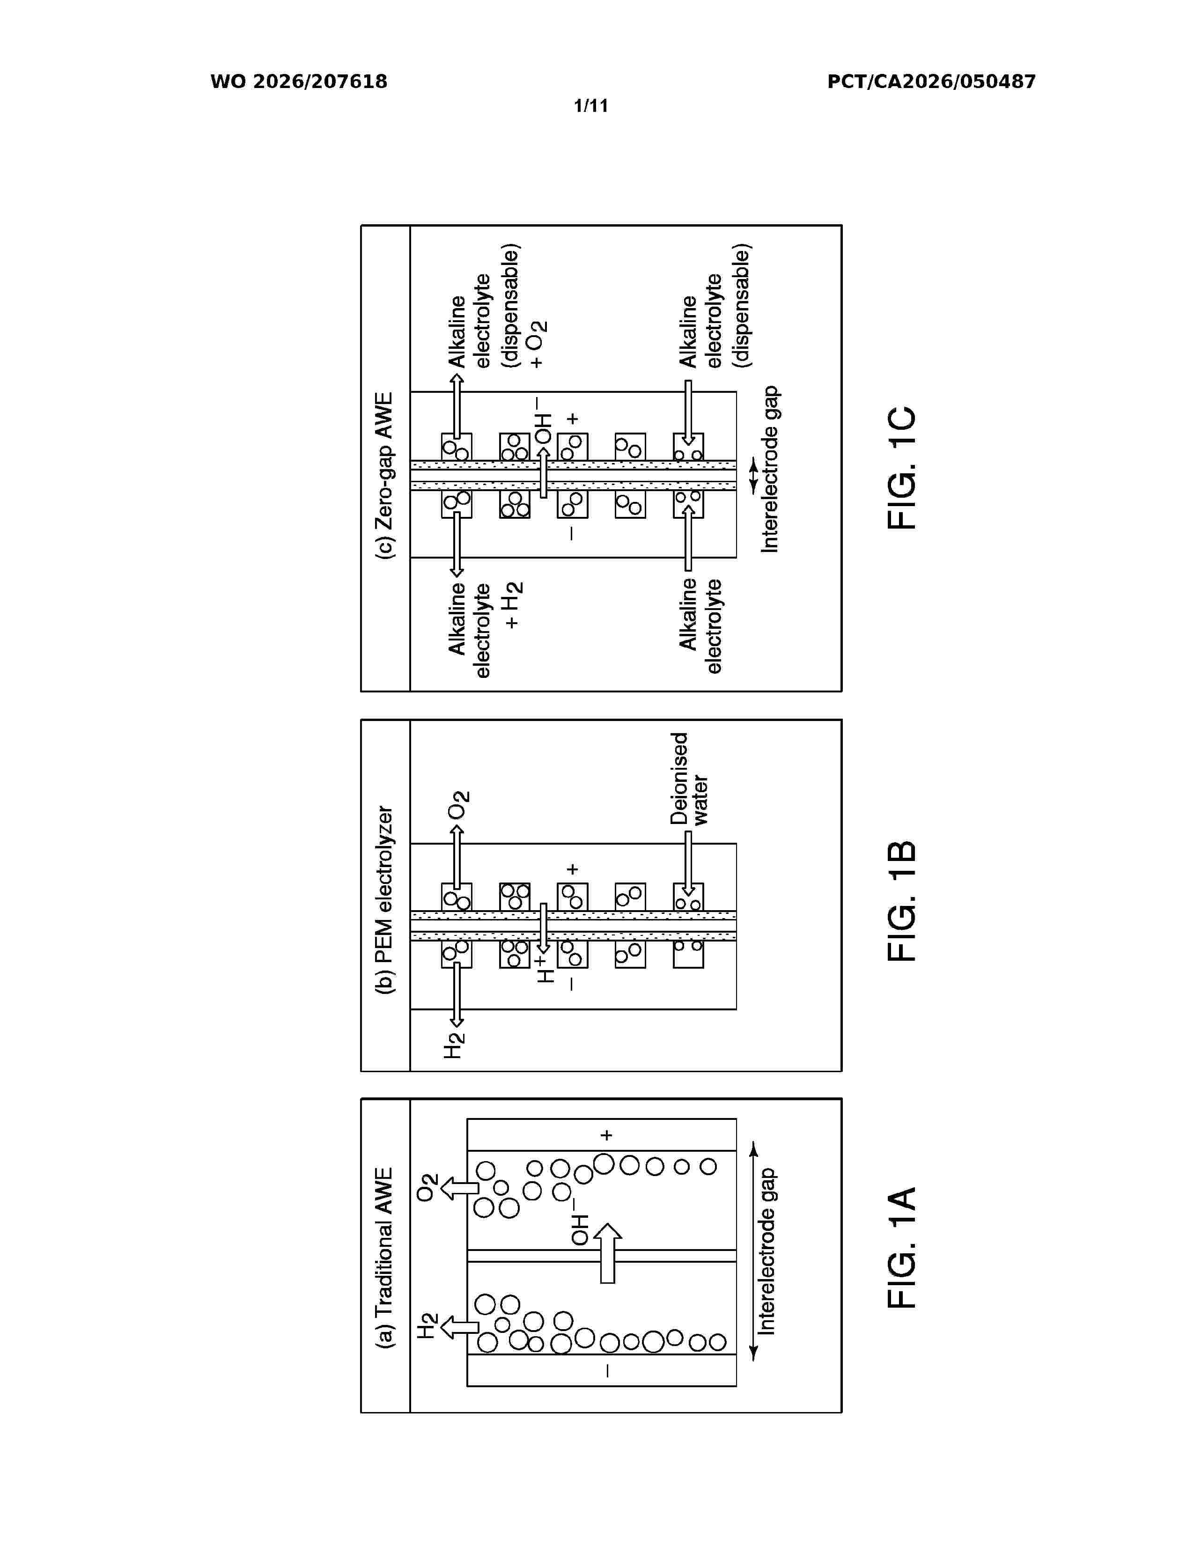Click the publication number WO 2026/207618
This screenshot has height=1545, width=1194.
coord(299,82)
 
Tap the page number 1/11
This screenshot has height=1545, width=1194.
coord(590,106)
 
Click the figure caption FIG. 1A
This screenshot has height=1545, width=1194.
coord(902,1247)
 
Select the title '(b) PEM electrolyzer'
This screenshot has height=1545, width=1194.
coord(385,900)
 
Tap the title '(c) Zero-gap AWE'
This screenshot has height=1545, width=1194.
coord(385,475)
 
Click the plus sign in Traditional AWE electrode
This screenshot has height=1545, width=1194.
coord(606,1135)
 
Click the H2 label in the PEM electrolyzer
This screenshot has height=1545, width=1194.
coord(454,1045)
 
